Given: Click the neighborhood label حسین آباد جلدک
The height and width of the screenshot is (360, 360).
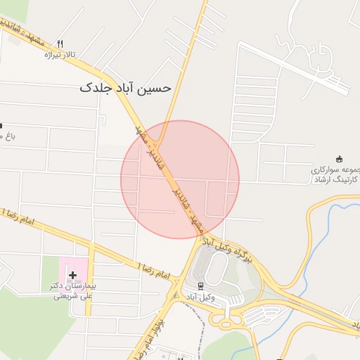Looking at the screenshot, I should click(x=125, y=89).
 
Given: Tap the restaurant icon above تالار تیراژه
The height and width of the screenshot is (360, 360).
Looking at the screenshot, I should click(x=60, y=43).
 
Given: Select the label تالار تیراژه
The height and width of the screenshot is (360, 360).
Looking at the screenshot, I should click(x=59, y=54).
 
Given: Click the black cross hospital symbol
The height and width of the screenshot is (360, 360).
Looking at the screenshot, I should click(x=73, y=274).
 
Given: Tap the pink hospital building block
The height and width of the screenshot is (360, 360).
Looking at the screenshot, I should click(x=74, y=271).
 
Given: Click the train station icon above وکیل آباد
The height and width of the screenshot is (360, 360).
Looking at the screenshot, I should click(x=200, y=285).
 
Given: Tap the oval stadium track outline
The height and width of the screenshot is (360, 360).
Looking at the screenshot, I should click(x=217, y=269).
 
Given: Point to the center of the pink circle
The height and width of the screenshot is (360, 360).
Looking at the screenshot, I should click(x=180, y=179).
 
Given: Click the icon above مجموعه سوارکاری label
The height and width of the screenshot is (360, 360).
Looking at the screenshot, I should click(x=340, y=159).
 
